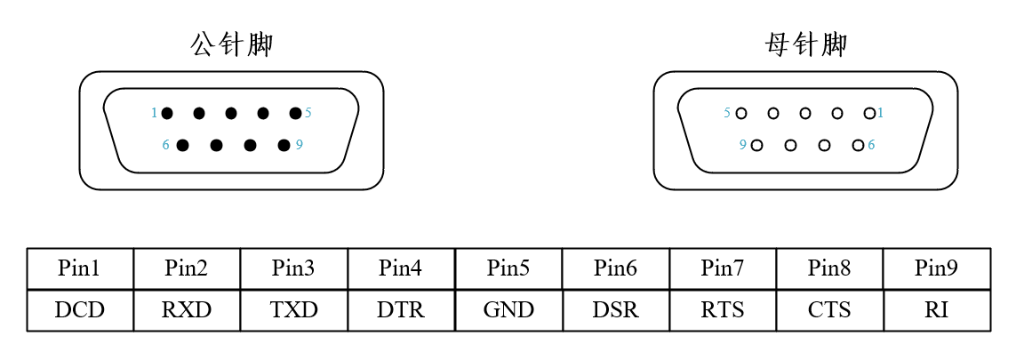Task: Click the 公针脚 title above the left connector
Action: click(231, 44)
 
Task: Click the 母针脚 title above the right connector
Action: click(805, 44)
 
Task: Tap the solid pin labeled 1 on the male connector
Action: click(167, 113)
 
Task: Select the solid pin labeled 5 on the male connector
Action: click(295, 113)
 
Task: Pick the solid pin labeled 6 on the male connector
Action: click(182, 145)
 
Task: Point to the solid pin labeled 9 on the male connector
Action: click(284, 145)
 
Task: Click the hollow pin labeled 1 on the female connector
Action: click(869, 113)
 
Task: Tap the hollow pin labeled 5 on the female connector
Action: click(741, 113)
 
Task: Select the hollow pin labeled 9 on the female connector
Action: click(756, 145)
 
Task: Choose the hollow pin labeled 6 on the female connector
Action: click(858, 145)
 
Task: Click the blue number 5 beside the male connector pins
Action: click(308, 113)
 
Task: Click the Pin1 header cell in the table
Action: click(80, 268)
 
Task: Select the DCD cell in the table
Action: click(80, 310)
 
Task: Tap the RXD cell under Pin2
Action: click(187, 310)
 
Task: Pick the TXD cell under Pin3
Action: click(293, 310)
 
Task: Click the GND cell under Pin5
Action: click(508, 310)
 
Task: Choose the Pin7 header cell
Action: click(723, 268)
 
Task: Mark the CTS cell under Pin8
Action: click(829, 310)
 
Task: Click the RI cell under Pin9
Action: click(936, 310)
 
